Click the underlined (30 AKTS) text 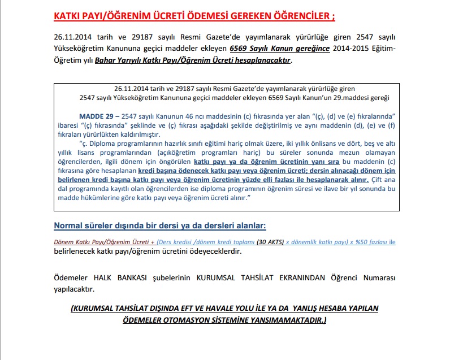tap(271, 242)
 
